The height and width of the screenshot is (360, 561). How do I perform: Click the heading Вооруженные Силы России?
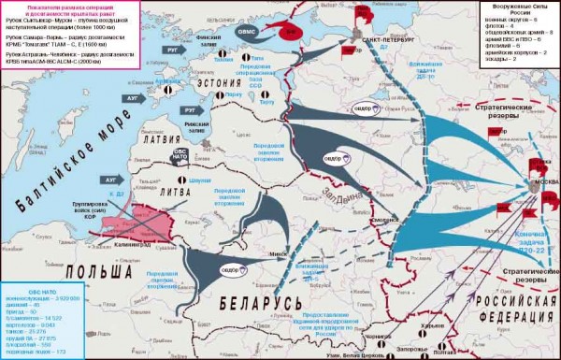click(516, 13)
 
